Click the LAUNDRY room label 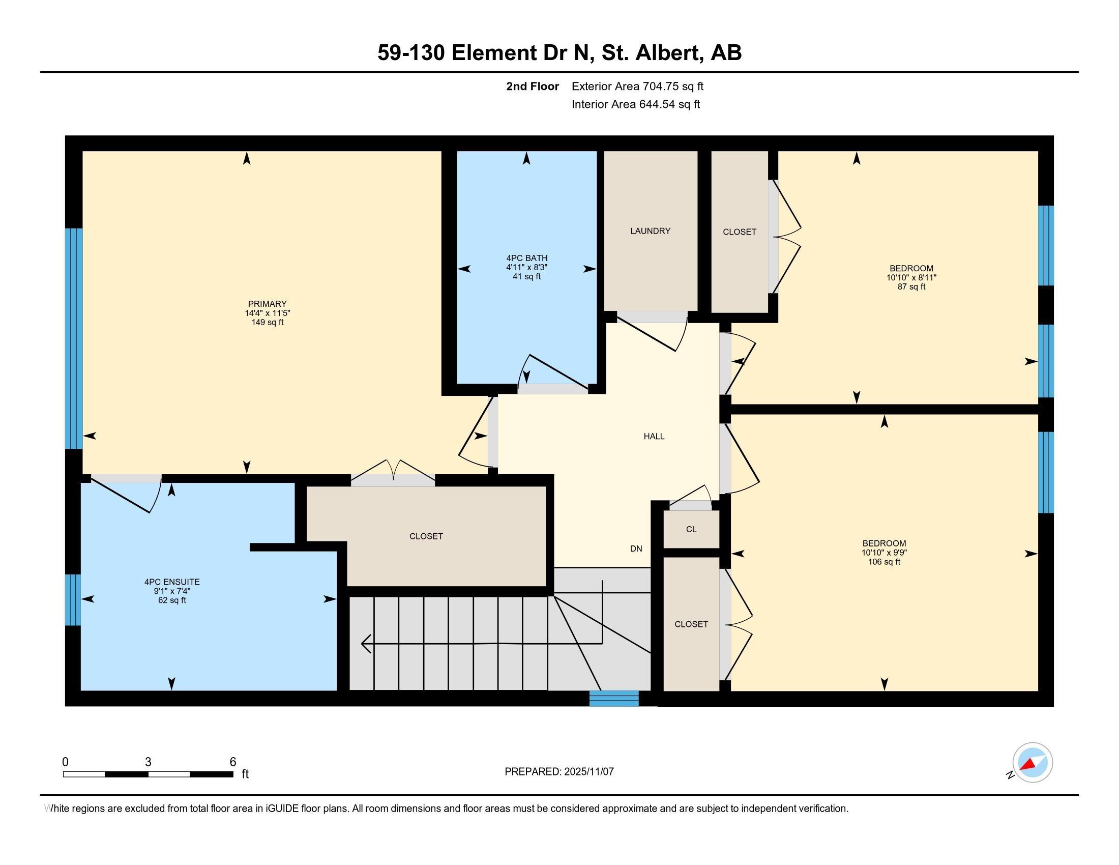650,231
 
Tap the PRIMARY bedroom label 267,304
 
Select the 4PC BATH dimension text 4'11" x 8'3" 527,268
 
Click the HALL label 654,437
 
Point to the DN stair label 636,549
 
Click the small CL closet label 691,529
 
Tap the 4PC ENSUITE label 171,582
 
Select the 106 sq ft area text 884,562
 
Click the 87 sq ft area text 911,287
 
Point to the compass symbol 1032,763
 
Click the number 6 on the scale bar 232,762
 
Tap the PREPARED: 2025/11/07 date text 559,772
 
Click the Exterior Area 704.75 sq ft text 637,86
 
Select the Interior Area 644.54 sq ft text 635,104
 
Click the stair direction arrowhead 366,644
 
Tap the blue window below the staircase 614,699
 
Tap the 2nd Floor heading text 532,86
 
